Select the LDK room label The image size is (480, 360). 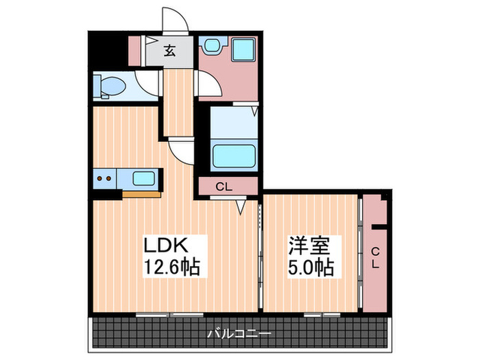[x=165, y=245]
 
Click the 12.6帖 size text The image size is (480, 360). [x=171, y=266]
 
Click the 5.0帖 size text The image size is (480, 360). [x=311, y=266]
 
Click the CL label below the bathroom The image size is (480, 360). [x=224, y=186]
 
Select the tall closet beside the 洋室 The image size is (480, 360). [x=376, y=254]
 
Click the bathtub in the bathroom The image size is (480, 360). [x=233, y=154]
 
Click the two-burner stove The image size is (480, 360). [x=105, y=180]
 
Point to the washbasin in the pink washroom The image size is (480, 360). [x=211, y=47]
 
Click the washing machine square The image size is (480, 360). [x=242, y=49]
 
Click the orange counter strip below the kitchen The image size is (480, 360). [x=142, y=194]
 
